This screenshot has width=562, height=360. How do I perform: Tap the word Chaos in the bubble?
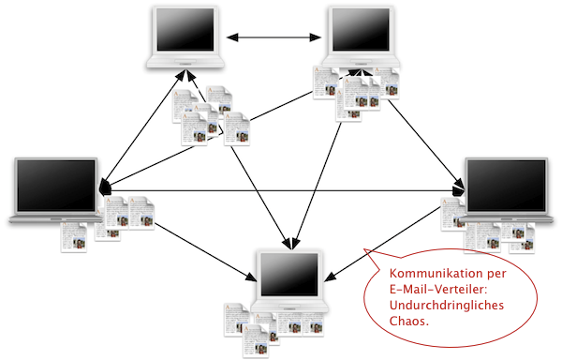pos(407,321)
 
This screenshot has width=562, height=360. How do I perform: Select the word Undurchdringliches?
pos(447,306)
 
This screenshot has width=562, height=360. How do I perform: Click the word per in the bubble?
pos(496,275)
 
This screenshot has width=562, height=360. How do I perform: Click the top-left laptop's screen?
pos(185,29)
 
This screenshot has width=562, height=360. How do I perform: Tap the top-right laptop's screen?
pos(361,29)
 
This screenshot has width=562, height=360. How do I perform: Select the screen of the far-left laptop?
pos(56,186)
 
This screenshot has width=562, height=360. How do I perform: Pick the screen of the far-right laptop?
pos(507,186)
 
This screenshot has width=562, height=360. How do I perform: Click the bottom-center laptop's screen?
pos(289,275)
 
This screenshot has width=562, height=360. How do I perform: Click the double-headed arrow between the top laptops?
pos(274,37)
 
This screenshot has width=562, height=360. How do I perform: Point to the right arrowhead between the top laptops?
pos(316,37)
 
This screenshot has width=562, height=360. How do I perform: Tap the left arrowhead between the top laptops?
pos(232,37)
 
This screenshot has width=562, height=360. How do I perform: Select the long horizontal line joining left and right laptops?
pos(283,190)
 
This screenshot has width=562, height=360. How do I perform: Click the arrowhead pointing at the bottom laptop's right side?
pos(331,277)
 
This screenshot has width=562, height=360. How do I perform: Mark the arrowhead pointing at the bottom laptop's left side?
pos(251,277)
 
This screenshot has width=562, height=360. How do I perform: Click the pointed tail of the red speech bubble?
pos(364,250)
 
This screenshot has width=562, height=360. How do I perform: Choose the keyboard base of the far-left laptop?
pos(56,218)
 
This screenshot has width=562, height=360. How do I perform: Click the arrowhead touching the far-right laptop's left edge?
pos(460,190)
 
